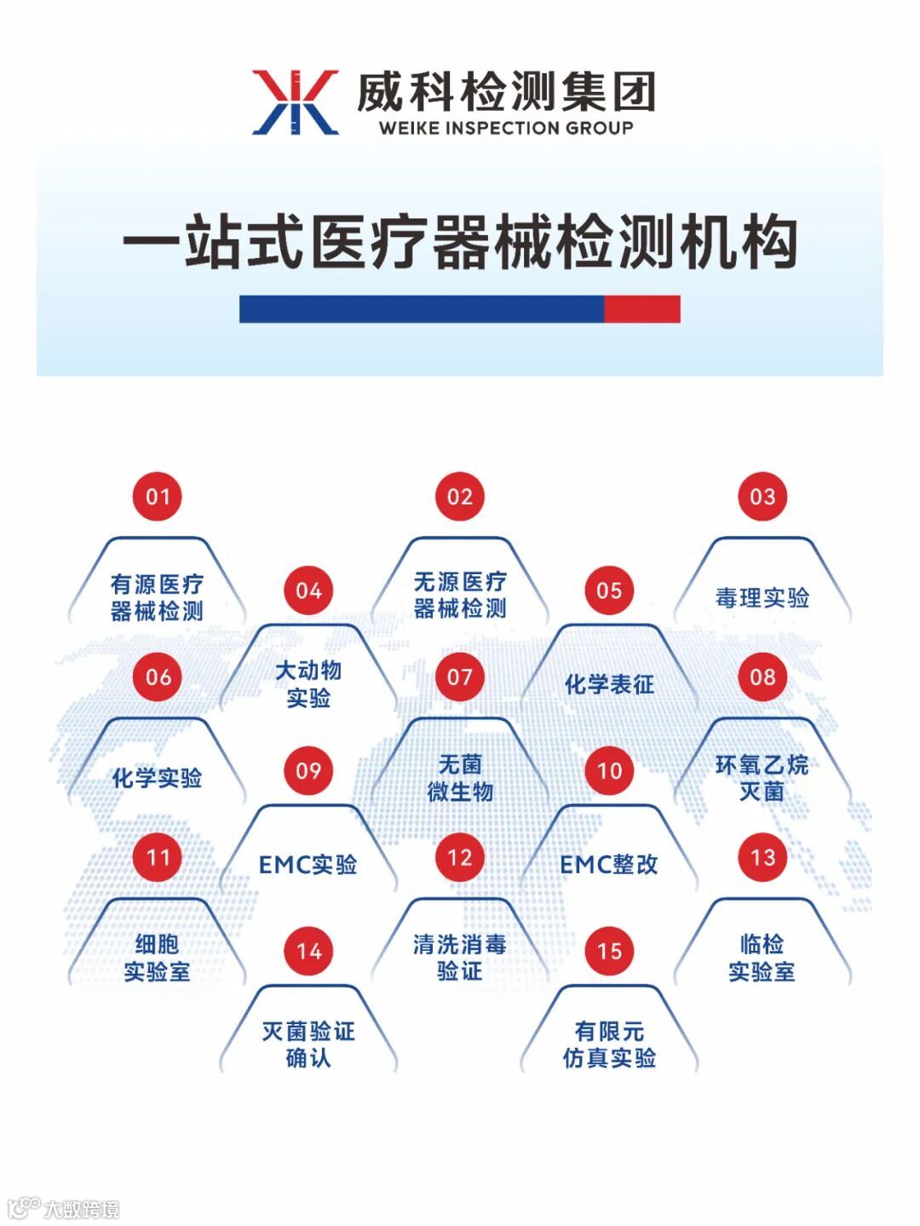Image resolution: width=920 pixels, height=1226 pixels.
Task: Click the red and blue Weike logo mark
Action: click(x=295, y=101)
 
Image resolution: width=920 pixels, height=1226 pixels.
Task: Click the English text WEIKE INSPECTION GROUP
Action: click(x=506, y=129)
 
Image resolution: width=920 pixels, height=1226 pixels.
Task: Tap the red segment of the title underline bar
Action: click(x=641, y=308)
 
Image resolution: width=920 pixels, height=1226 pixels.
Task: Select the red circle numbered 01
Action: click(x=158, y=497)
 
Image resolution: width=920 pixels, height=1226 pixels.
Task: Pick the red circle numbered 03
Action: click(x=762, y=497)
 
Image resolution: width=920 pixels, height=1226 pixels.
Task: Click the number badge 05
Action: click(x=609, y=590)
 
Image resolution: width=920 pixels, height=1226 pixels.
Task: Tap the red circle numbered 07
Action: click(x=460, y=677)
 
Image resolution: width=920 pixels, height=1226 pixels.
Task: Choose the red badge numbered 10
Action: click(x=609, y=771)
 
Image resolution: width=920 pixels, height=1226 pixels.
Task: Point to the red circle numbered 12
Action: click(x=460, y=858)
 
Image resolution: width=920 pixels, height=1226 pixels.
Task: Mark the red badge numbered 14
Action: click(x=308, y=951)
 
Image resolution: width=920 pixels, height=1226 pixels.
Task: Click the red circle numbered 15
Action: click(x=609, y=951)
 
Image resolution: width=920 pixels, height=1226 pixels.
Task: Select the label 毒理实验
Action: click(x=762, y=598)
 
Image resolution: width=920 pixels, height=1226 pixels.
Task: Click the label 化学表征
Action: click(x=609, y=684)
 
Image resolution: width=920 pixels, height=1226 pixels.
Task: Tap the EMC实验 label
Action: click(x=308, y=865)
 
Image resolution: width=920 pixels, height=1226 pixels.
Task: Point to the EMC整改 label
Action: click(x=609, y=865)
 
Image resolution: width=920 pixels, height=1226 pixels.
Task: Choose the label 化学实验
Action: click(x=158, y=778)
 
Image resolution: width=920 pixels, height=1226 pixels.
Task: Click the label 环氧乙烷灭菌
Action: click(x=762, y=778)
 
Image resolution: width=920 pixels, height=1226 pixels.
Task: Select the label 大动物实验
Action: click(x=308, y=684)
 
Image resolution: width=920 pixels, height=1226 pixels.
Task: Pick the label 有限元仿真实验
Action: click(x=609, y=1045)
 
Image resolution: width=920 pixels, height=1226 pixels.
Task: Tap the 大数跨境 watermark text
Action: click(x=82, y=1209)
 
